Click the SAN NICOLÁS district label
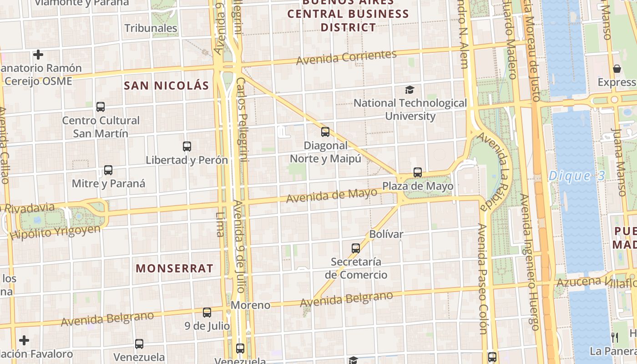coord(167,86)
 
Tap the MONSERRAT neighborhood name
coord(175,268)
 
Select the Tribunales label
coord(151,28)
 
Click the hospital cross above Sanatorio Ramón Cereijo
coord(38,55)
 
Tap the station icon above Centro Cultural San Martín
coord(101,107)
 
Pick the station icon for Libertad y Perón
coord(187,147)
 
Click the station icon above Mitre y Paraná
coord(108,170)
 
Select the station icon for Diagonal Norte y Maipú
coord(325,132)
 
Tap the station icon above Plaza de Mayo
coord(418,172)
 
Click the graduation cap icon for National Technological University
coord(410,90)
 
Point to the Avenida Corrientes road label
coord(346,57)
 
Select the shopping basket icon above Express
coord(617,69)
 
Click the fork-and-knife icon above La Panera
coord(615,337)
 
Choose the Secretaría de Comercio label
coord(356,268)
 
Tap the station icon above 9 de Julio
coord(207,313)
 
